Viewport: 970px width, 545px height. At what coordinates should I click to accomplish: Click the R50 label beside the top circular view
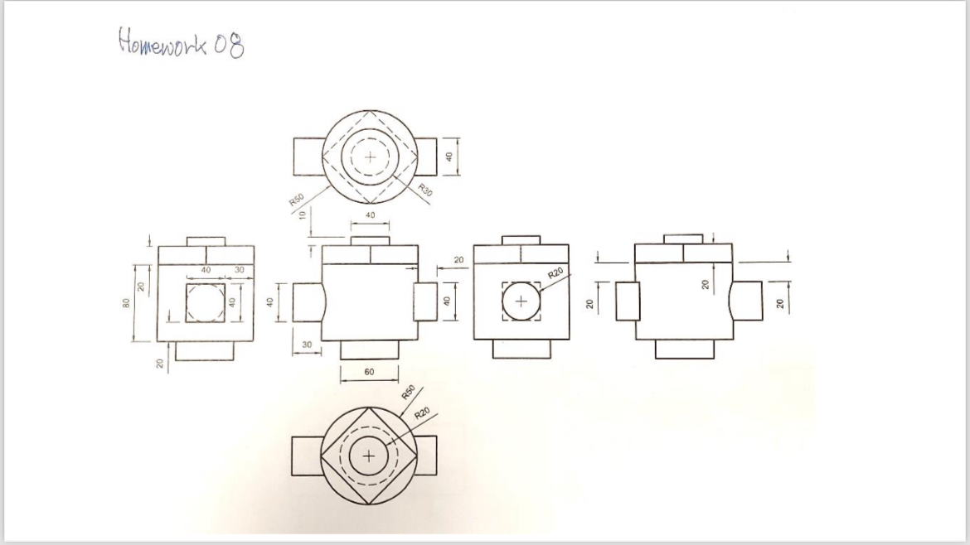295,200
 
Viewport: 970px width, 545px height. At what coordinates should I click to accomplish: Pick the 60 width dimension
369,372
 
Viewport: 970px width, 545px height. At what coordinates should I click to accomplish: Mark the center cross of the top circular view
370,157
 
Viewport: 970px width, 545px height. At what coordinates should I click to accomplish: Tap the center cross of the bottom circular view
370,457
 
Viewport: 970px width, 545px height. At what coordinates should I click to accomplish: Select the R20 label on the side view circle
555,272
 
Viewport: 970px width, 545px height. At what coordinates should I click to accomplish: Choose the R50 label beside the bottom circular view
407,392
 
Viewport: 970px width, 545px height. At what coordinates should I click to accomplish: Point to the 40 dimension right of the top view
449,157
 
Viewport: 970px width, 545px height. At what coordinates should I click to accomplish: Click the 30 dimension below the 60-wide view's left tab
306,344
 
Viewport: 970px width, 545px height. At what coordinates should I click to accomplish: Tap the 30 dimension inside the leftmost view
240,270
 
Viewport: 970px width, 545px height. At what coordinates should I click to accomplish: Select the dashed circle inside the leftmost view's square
204,302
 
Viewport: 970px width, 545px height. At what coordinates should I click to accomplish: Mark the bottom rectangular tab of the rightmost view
684,350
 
